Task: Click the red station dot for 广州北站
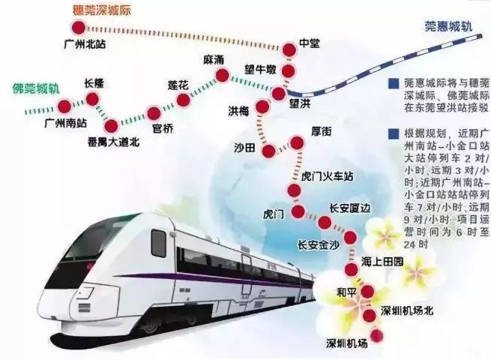[76, 28]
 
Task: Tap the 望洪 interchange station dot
[279, 94]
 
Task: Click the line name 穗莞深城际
[97, 10]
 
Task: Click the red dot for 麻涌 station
[223, 75]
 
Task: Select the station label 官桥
[162, 128]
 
